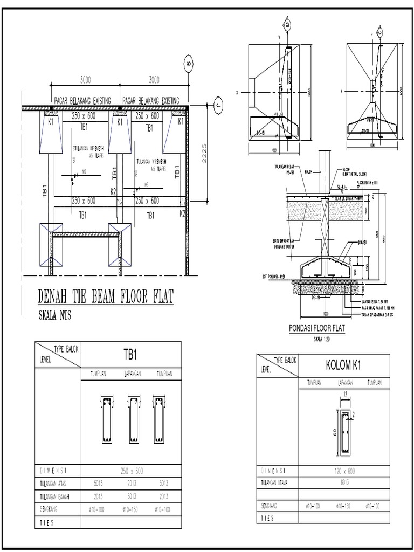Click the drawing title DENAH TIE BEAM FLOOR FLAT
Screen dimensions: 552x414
point(106,297)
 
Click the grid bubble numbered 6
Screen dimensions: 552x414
point(188,63)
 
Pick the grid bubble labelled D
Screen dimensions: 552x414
point(287,24)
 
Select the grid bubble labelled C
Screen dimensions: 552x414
point(381,32)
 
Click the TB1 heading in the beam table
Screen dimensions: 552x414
point(132,356)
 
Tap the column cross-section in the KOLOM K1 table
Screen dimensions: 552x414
point(343,432)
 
